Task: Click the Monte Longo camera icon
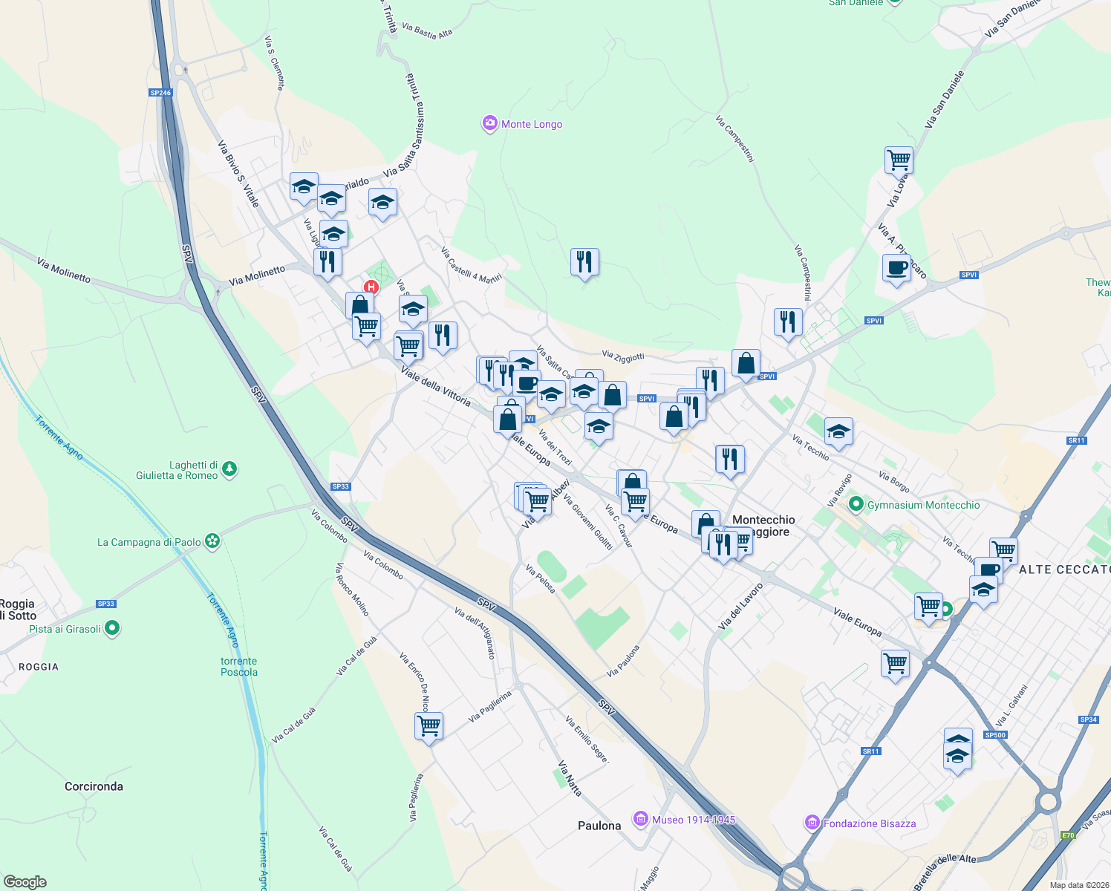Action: coord(489,124)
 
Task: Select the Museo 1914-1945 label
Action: coord(694,820)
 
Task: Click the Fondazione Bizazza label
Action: coord(870,823)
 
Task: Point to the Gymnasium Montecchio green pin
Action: coord(856,505)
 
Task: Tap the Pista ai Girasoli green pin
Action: coord(112,629)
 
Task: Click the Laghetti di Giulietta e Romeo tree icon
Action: coord(230,469)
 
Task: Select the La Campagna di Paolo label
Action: coord(149,542)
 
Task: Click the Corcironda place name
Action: coord(94,786)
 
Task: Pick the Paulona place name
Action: coord(599,826)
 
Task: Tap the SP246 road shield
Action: coord(160,93)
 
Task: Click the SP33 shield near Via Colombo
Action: coord(340,486)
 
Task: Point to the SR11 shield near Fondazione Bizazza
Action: coord(870,751)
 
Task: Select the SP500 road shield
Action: coord(995,735)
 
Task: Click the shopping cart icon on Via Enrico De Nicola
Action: coord(429,725)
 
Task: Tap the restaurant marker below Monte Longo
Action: coord(584,261)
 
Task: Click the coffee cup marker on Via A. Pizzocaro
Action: coord(897,267)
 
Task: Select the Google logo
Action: coord(25,881)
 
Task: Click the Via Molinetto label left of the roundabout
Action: coord(64,270)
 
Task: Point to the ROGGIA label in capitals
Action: coord(39,667)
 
